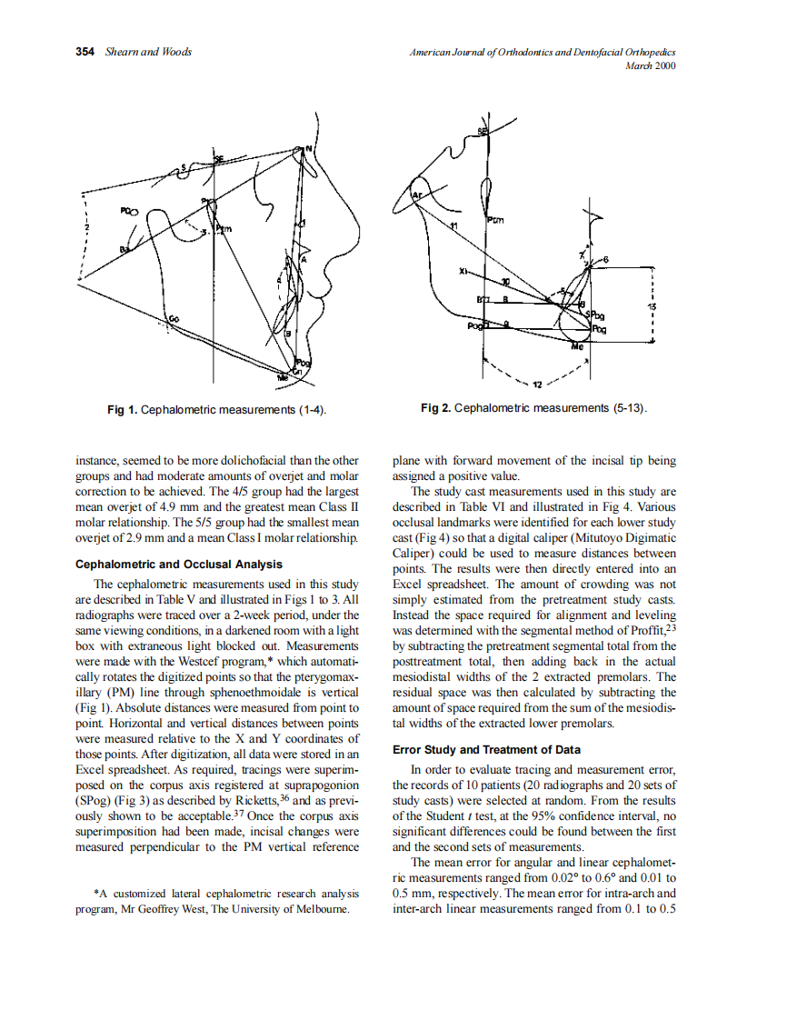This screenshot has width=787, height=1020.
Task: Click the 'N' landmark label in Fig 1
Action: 308,149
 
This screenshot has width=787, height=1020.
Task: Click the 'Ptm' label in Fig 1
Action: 223,229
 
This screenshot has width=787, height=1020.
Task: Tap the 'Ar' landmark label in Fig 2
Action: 416,195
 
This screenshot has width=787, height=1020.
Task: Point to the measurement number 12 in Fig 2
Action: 536,385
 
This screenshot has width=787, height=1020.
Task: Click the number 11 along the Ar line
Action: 455,224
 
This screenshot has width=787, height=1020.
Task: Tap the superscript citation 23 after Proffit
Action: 671,626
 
